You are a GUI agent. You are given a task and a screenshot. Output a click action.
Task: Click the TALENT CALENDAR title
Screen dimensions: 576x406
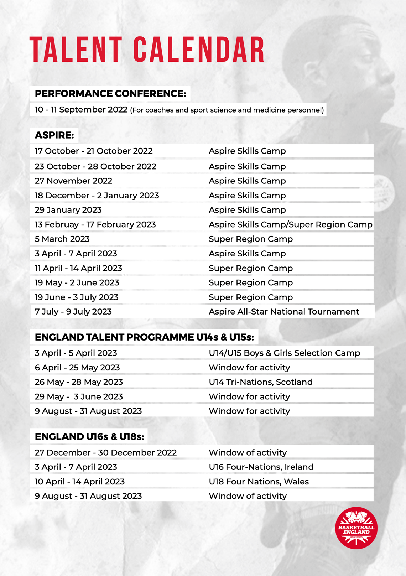147,50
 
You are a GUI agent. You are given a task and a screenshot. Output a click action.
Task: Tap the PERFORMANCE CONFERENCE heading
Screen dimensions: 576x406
110,94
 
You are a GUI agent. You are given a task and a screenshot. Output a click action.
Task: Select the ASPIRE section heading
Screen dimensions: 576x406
54,135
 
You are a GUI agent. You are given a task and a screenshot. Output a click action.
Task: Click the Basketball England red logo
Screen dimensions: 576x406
356,528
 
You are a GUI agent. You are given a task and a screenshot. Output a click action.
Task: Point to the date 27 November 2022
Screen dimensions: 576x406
73,181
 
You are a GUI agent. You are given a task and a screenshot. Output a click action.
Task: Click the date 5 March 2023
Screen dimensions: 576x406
62,239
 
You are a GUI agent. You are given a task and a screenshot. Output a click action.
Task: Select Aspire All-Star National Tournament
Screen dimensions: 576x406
284,312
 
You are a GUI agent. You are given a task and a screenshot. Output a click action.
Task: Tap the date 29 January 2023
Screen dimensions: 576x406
68,210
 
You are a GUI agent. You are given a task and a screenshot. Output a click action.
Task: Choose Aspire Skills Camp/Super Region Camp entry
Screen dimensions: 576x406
290,225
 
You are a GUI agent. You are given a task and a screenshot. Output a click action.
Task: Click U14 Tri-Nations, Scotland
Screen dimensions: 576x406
261,382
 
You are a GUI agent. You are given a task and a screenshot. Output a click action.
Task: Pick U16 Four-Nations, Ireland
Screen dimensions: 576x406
261,467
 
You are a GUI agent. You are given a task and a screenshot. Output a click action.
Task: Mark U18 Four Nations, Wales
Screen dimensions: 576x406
259,482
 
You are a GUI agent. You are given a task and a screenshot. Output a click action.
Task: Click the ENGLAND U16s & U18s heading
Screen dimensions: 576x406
89,437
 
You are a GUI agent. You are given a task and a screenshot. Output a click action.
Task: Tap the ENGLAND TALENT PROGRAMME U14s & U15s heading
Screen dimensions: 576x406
144,337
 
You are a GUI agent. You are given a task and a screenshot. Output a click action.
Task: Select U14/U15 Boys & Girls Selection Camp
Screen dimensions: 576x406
284,353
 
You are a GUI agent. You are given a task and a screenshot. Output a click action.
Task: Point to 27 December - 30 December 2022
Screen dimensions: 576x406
105,453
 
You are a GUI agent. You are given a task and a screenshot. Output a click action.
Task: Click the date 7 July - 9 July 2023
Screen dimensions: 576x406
73,312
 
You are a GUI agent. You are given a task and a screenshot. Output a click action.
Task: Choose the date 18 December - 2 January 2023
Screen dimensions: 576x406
97,196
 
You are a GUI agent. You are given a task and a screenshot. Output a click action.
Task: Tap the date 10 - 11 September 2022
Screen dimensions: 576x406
81,110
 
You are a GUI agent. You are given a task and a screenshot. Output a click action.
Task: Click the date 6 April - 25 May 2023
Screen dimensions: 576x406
77,368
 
